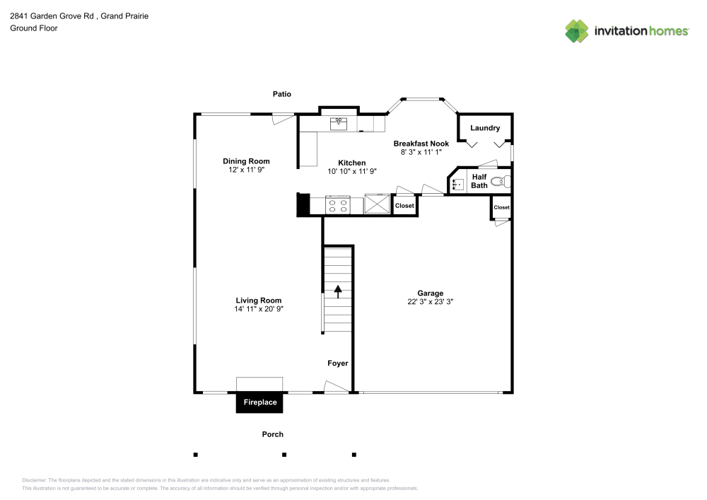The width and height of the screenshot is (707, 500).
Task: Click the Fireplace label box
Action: pyautogui.click(x=259, y=402)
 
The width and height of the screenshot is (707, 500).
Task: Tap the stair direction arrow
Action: pyautogui.click(x=338, y=291)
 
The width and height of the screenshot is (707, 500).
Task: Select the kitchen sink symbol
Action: pyautogui.click(x=339, y=124)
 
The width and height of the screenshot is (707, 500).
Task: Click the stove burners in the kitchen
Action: pyautogui.click(x=338, y=206)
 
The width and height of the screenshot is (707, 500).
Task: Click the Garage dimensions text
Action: pyautogui.click(x=430, y=301)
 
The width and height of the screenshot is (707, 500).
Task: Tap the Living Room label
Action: pyautogui.click(x=259, y=300)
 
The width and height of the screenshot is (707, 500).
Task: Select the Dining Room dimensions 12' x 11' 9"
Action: pyautogui.click(x=246, y=170)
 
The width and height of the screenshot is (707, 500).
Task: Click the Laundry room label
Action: pyautogui.click(x=485, y=128)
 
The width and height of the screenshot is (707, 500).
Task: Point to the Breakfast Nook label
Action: pyautogui.click(x=421, y=144)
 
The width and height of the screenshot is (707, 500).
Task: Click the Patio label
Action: pyautogui.click(x=282, y=94)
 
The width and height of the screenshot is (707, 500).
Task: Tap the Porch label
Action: pyautogui.click(x=272, y=434)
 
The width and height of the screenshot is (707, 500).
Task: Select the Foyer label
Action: pyautogui.click(x=337, y=364)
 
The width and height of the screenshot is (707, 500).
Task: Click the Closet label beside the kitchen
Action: pyautogui.click(x=404, y=206)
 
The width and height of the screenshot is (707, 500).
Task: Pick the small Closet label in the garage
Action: pyautogui.click(x=501, y=207)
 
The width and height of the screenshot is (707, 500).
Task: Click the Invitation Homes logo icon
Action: pyautogui.click(x=577, y=30)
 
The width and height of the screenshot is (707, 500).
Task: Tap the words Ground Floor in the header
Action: pyautogui.click(x=33, y=28)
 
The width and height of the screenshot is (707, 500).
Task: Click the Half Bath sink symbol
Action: pyautogui.click(x=457, y=185)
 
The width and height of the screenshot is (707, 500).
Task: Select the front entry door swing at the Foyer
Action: pyautogui.click(x=335, y=386)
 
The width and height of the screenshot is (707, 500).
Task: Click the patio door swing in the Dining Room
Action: pyautogui.click(x=283, y=120)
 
